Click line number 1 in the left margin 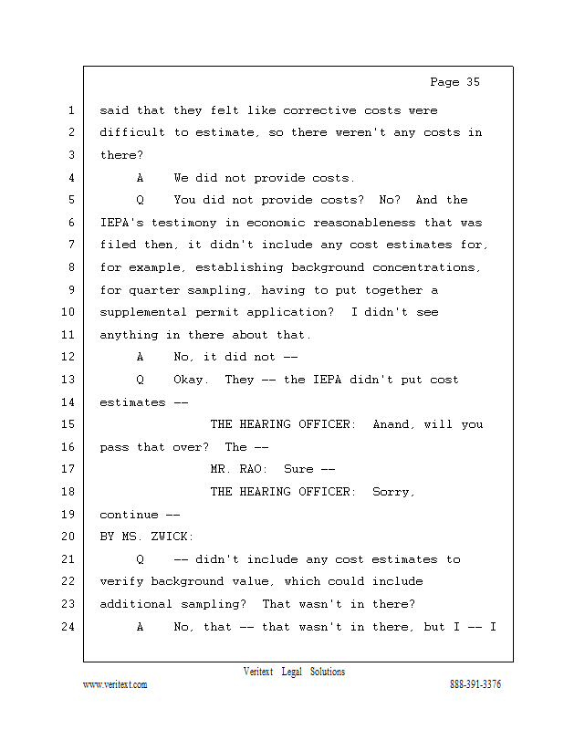(x=70, y=110)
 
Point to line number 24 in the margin (x=67, y=627)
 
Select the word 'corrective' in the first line (x=319, y=110)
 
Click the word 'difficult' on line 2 (x=132, y=133)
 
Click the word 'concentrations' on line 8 (x=426, y=267)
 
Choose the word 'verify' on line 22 (x=121, y=581)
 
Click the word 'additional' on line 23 (x=137, y=604)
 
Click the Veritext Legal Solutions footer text (x=294, y=672)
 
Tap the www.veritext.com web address (x=115, y=684)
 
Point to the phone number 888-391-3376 (x=475, y=684)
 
